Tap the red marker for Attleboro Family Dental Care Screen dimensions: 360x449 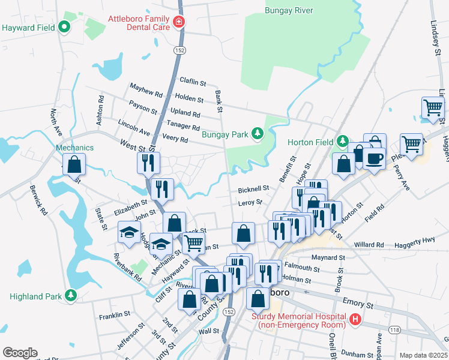point(178,23)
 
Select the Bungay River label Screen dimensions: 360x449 point(289,10)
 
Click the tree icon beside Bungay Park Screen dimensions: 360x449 point(258,134)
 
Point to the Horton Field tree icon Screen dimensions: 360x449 point(342,142)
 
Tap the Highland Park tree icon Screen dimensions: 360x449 point(71,296)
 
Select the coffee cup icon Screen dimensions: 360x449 point(373,158)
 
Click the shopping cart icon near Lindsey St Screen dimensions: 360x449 point(433,108)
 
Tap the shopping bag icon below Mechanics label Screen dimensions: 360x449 point(74,164)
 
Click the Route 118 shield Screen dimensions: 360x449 point(394,329)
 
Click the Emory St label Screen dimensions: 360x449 point(358,305)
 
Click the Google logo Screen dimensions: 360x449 point(20,353)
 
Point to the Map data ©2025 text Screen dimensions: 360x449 point(423,355)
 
